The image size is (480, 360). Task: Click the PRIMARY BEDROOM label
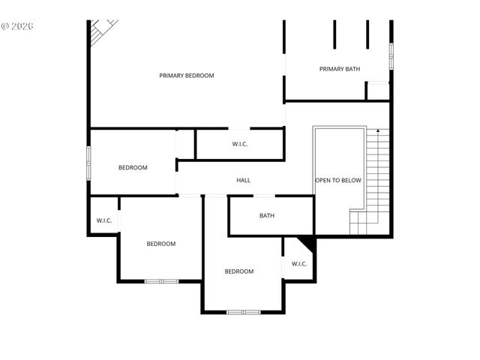coord(187,76)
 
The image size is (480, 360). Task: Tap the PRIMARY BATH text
coord(340,69)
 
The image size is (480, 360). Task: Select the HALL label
coord(244,180)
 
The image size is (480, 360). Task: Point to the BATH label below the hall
coord(267,216)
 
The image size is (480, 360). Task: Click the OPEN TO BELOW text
coord(338,181)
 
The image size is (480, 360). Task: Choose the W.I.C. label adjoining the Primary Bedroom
coord(240,144)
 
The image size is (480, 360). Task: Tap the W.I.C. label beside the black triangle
coord(299,264)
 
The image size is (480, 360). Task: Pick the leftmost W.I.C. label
coord(104,220)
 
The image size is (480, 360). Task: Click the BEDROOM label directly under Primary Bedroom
coord(133,167)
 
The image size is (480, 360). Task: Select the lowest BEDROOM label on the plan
coord(239,271)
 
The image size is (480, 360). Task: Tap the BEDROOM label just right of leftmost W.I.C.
coord(160,244)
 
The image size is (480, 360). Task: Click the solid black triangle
coord(307,244)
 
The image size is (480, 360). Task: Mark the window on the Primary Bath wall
coord(391,56)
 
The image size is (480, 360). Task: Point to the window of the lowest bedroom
coord(244,311)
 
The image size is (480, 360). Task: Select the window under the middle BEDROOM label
coord(161,281)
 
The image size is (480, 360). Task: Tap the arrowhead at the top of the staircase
coord(379,131)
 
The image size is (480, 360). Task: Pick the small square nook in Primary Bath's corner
coord(378,91)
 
